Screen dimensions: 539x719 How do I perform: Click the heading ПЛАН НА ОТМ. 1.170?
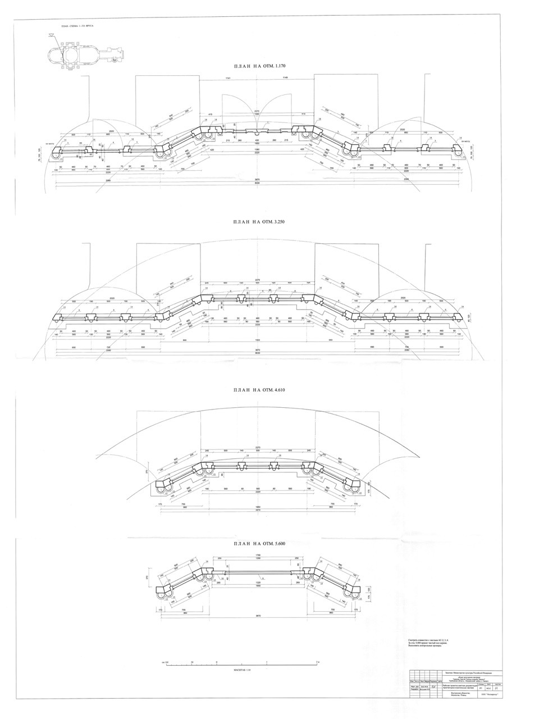pos(256,66)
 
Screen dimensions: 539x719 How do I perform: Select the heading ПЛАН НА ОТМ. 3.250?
pos(256,222)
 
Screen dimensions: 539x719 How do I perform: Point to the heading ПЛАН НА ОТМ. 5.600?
pos(256,544)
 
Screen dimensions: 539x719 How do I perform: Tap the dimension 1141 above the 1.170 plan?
pos(229,77)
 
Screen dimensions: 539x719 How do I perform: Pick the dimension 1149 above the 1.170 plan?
pos(285,77)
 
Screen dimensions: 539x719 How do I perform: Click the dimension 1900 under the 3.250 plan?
pos(258,340)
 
